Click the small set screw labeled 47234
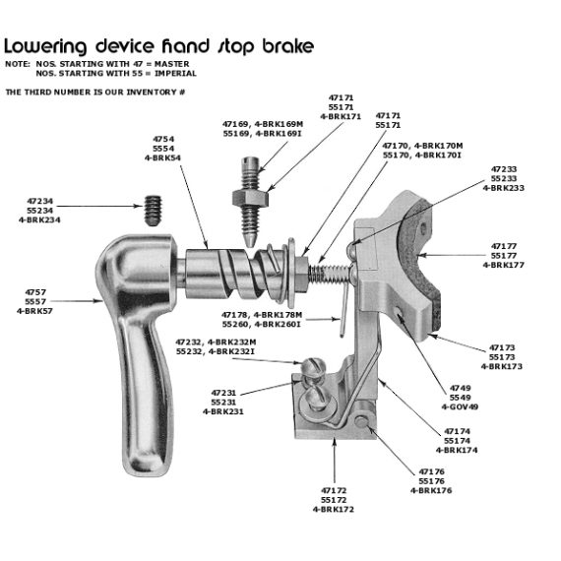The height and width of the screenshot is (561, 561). pos(152,209)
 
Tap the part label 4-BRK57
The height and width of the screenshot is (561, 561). pos(35,311)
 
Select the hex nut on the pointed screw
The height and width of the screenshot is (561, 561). pos(248,198)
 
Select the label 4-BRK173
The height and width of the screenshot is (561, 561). pos(510,366)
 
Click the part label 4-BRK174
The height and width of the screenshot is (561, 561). pos(462,450)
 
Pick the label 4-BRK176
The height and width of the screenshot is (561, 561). pos(431,489)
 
